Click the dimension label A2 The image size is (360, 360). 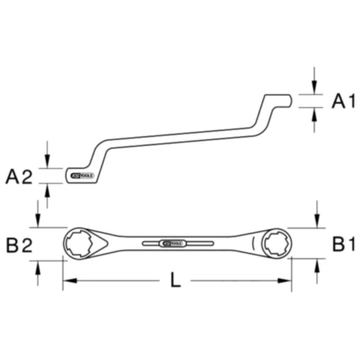click(19, 177)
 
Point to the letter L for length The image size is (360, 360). click(176, 281)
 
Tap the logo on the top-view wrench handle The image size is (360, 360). click(172, 244)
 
